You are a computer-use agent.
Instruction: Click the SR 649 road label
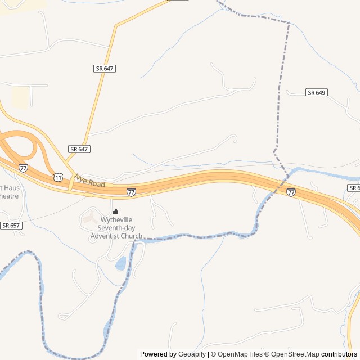click(x=317, y=92)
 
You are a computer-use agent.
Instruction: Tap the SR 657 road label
click(x=11, y=225)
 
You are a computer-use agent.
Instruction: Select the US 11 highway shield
click(x=58, y=177)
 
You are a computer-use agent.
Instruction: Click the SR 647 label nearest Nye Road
click(x=79, y=149)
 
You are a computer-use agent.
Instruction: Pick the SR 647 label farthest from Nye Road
click(x=104, y=68)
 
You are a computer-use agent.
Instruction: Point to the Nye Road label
click(x=90, y=181)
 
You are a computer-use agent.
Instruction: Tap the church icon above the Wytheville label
click(x=116, y=211)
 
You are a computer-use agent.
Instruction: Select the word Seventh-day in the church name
click(x=116, y=228)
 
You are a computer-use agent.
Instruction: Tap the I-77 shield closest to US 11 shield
click(x=23, y=168)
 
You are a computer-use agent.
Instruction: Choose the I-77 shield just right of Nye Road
click(x=131, y=192)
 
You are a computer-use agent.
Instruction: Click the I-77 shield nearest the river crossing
click(x=291, y=192)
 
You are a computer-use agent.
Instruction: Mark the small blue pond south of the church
click(x=120, y=263)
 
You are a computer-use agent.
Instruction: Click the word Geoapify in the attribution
click(x=192, y=354)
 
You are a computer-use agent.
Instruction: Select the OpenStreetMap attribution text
click(x=292, y=354)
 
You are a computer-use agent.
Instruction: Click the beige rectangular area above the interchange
click(x=21, y=97)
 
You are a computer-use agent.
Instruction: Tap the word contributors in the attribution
click(x=339, y=354)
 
